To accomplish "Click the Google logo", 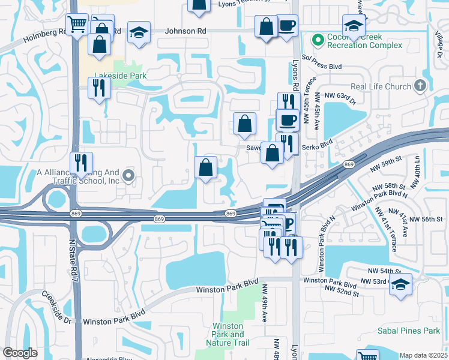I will click(20, 353).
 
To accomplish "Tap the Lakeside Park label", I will click(120, 76).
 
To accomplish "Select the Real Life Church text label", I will click(381, 86).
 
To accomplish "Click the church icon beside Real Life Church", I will click(420, 86).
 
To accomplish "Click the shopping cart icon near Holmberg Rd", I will click(77, 25).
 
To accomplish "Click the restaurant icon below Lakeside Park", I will click(98, 88).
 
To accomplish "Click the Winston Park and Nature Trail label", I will click(229, 334).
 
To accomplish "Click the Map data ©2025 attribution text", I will click(423, 355).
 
